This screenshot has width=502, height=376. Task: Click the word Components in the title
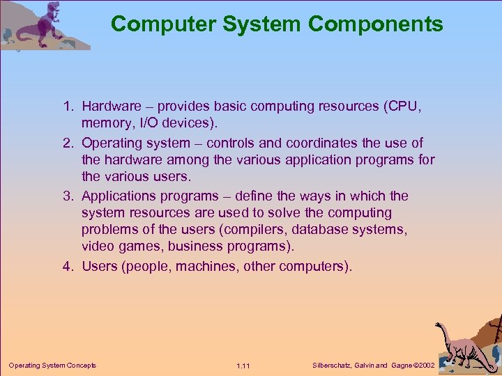point(376,24)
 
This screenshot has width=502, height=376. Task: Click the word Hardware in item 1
point(111,107)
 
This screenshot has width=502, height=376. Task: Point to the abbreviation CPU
point(405,107)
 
